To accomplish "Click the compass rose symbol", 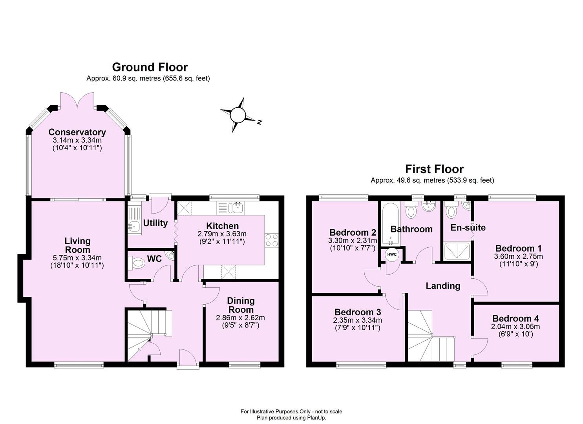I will coord(237,115).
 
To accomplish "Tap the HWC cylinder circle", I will coord(392,254).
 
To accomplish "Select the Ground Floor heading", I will coord(150,67).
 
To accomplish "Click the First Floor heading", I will coord(434,169).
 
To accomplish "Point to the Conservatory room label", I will coord(77,132).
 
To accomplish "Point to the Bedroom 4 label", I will coord(515,319).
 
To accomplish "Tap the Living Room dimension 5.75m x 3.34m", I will coord(77,258).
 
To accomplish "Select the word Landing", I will coord(443,286).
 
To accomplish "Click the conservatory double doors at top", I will coord(77,101).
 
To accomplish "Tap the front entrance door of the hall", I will coord(188,359).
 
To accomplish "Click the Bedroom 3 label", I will coord(358,312).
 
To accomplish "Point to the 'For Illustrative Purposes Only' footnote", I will coord(291,411).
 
